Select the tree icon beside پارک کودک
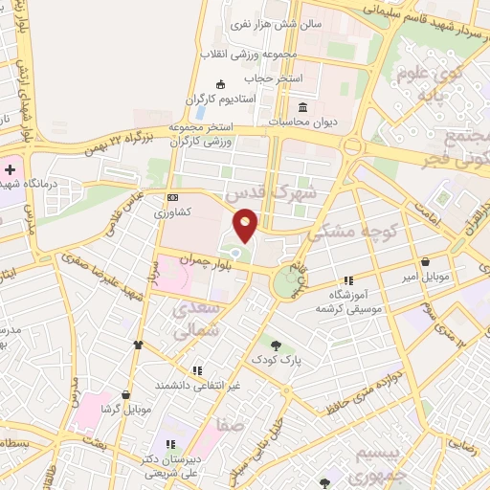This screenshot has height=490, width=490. [x=277, y=345]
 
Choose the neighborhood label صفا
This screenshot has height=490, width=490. [x=231, y=425]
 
